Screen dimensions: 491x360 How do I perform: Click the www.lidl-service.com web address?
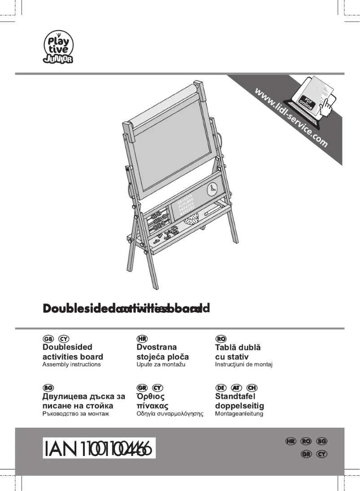tap(291, 118)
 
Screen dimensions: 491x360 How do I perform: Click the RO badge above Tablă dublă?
tap(221, 338)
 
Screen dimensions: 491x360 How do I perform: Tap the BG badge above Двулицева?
tap(48, 388)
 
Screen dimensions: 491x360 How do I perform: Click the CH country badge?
tap(252, 388)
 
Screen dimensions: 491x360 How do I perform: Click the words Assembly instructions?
tap(71, 364)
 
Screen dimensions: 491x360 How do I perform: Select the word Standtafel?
tap(235, 397)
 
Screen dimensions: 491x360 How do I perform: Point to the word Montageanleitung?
tap(239, 413)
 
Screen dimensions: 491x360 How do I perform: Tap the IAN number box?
tap(99, 448)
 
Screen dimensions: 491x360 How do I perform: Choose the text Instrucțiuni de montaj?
tap(244, 364)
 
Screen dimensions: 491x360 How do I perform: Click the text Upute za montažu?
tap(161, 364)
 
